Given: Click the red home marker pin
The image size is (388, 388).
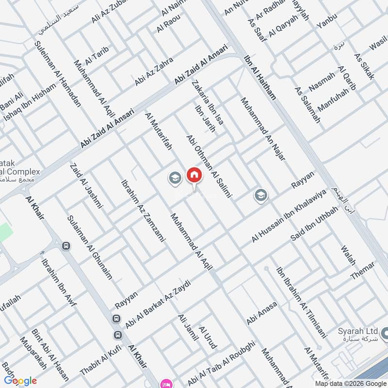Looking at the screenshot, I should (x=194, y=176).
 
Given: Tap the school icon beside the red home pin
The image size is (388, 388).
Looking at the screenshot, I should (x=175, y=178).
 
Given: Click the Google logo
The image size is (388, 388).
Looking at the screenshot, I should (x=20, y=381).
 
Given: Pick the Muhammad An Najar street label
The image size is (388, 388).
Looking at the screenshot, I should (x=262, y=129).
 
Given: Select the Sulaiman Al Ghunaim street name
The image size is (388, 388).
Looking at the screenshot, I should (x=91, y=247).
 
